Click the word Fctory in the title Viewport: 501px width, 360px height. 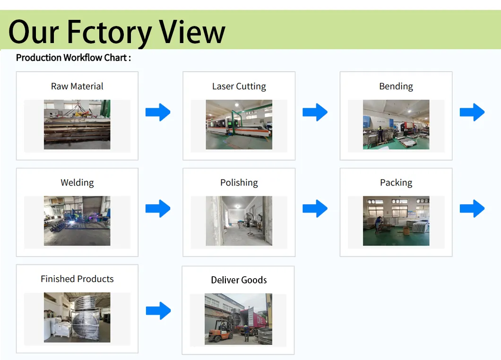coord(109,32)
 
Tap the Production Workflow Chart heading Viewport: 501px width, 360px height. coord(73,58)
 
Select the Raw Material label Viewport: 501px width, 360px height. coord(77,86)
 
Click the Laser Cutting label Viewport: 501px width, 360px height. coord(239,86)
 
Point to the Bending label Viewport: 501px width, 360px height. coord(396,86)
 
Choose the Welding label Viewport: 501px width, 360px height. coord(77,183)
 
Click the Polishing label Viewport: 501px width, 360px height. coord(239,183)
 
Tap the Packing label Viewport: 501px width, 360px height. coord(396,183)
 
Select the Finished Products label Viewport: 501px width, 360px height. coord(77,279)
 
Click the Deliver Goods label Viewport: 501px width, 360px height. coord(239,280)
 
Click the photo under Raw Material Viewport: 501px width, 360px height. coord(77,124)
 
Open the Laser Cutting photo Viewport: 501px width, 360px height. coord(239,124)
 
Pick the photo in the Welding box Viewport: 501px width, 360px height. coord(77,221)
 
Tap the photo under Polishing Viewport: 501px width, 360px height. coord(239,221)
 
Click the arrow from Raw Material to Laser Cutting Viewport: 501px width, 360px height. coord(158,112)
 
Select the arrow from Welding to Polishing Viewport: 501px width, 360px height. coord(158,209)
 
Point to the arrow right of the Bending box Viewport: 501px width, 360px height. coord(472,112)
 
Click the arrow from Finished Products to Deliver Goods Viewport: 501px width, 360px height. coord(158,311)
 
